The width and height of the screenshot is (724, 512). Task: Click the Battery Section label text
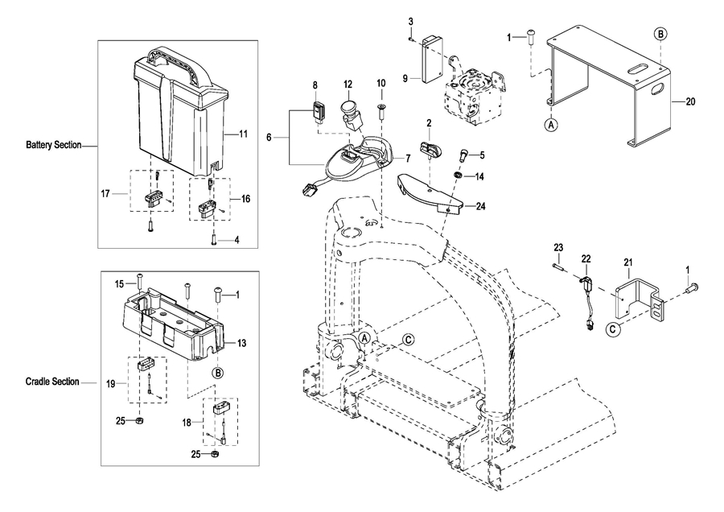pyautogui.click(x=54, y=146)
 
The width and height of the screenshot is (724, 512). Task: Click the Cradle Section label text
pyautogui.click(x=52, y=382)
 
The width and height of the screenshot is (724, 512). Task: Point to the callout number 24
pyautogui.click(x=480, y=206)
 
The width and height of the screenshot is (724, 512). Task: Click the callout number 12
pyautogui.click(x=348, y=84)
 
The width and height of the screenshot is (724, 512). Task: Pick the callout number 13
pyautogui.click(x=241, y=343)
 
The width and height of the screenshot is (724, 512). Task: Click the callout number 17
pyautogui.click(x=105, y=193)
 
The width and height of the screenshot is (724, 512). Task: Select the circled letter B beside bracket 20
pyautogui.click(x=660, y=34)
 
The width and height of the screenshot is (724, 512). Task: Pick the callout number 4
pyautogui.click(x=237, y=240)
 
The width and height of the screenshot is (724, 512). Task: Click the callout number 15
pyautogui.click(x=118, y=283)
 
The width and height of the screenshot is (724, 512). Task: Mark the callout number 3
pyautogui.click(x=410, y=20)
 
